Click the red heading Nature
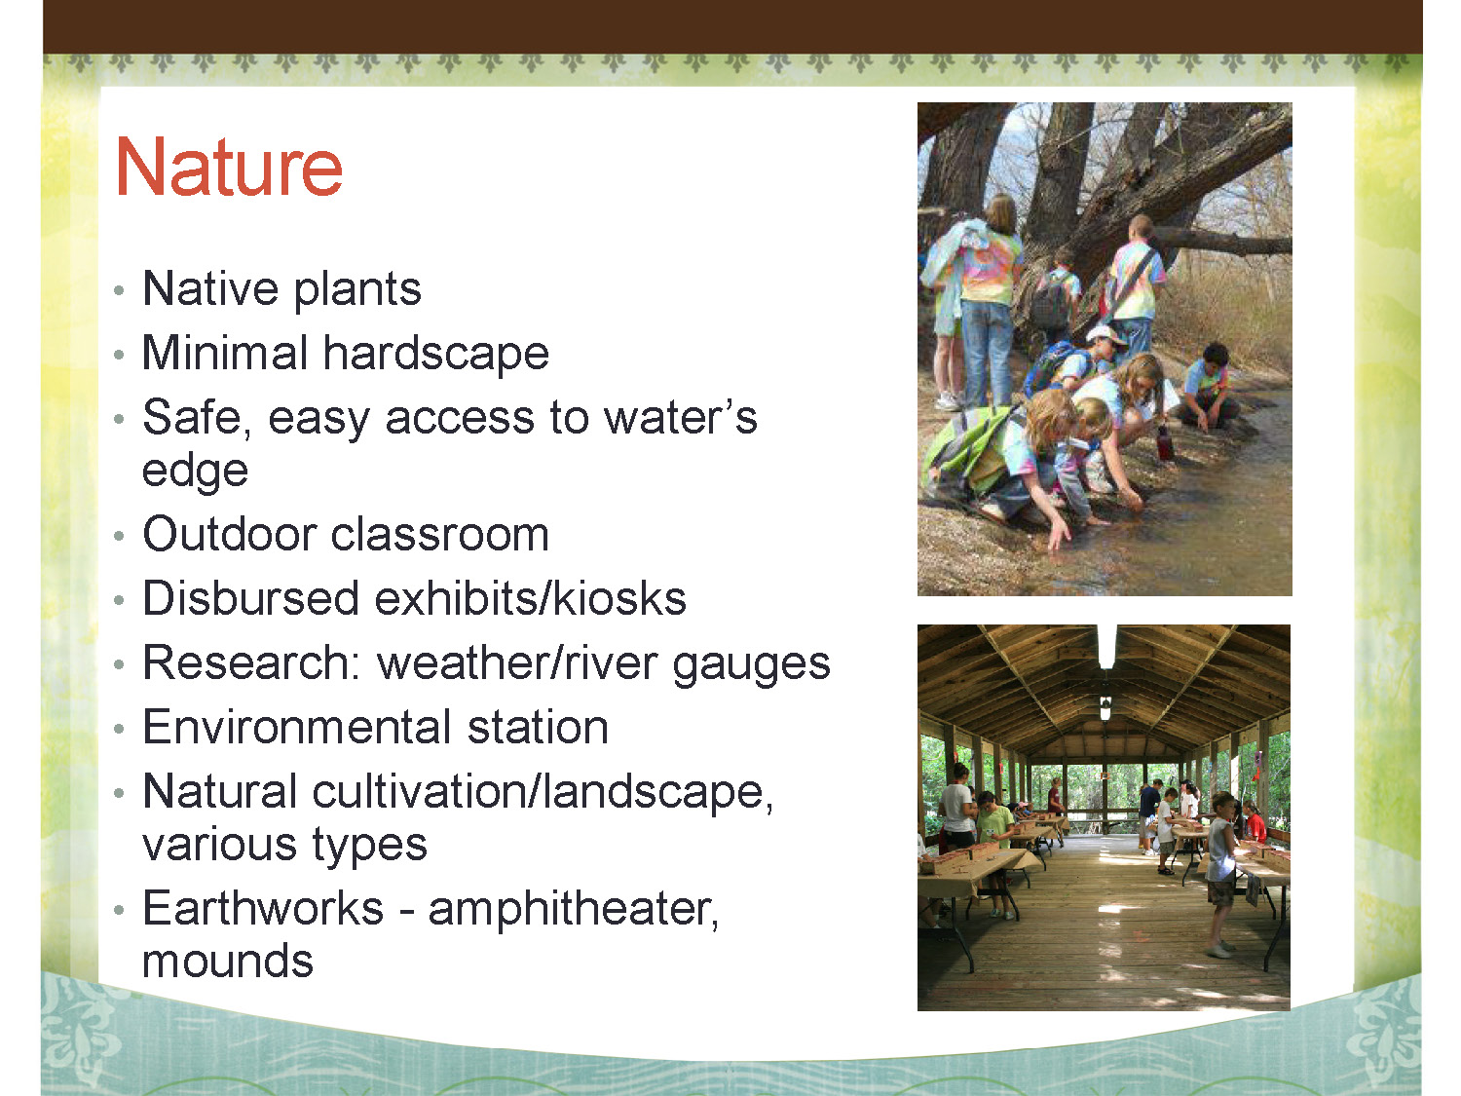point(229,167)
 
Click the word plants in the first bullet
point(357,290)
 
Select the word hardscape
point(436,353)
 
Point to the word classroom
point(440,534)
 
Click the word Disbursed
point(250,597)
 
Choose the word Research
point(251,662)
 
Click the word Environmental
point(297,727)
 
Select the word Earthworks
point(264,908)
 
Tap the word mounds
point(228,961)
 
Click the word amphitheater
point(573,911)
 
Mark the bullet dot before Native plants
point(119,290)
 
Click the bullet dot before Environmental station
point(119,729)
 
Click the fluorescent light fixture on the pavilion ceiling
point(1106,646)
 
